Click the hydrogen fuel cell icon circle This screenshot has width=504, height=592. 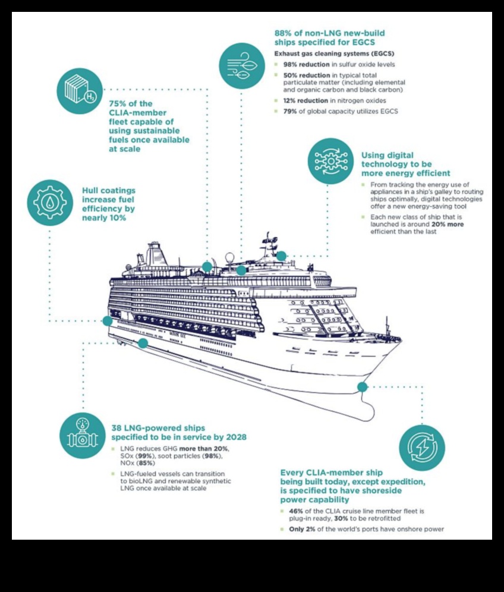pyautogui.click(x=80, y=91)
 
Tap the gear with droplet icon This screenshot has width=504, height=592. pyautogui.click(x=50, y=203)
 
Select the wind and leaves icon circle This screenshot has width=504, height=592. pyautogui.click(x=242, y=66)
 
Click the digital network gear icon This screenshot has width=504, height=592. pyautogui.click(x=330, y=161)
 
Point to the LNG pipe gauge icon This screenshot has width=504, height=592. pyautogui.click(x=83, y=435)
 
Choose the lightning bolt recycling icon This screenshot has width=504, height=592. pyautogui.click(x=422, y=448)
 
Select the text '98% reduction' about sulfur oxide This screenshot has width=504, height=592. pyautogui.click(x=306, y=65)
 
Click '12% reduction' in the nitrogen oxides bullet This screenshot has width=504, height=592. pyautogui.click(x=305, y=101)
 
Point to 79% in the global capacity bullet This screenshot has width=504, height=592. pyautogui.click(x=290, y=111)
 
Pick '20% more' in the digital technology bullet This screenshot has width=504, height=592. pyautogui.click(x=448, y=224)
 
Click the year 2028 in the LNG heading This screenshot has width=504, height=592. pyautogui.click(x=236, y=437)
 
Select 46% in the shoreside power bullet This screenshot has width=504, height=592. pyautogui.click(x=296, y=511)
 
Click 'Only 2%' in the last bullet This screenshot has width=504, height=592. pyautogui.click(x=302, y=530)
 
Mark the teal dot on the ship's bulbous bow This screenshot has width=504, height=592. pyautogui.click(x=362, y=386)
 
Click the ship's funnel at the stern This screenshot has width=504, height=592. pyautogui.click(x=154, y=254)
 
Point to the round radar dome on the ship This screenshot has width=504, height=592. pyautogui.click(x=229, y=259)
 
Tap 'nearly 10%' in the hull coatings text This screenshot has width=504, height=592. pyautogui.click(x=104, y=218)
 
